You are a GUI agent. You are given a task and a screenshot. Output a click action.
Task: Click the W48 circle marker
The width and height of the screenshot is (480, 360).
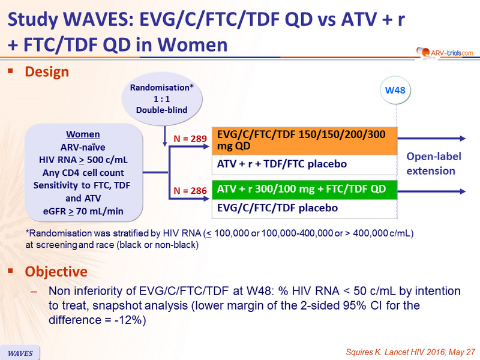pos(395,91)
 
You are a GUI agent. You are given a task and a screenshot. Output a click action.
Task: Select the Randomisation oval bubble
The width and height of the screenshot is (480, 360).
pos(161,99)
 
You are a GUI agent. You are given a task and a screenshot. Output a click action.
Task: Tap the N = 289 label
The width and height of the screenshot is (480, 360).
pos(190,139)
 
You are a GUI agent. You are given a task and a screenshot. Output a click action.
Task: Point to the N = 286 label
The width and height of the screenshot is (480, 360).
pos(190,191)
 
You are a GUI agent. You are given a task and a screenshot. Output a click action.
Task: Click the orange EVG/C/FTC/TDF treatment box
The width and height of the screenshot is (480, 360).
pos(305,140)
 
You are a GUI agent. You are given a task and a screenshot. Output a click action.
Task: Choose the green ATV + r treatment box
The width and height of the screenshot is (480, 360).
pos(305,190)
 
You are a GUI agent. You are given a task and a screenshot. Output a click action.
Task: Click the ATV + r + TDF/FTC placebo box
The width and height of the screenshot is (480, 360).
pos(305,164)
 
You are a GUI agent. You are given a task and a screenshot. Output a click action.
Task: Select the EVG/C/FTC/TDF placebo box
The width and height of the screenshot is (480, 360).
pos(305,208)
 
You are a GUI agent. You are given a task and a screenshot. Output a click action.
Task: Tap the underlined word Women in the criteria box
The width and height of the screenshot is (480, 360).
pos(83,134)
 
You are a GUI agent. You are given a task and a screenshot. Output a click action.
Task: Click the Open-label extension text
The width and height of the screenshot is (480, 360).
pos(433,163)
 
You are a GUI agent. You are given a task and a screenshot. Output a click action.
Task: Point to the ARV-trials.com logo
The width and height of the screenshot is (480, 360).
pos(445,52)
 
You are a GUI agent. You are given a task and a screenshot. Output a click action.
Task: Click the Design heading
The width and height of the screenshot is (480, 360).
pos(47,72)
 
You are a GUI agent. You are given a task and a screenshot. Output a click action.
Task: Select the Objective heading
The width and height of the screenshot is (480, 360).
pos(56,272)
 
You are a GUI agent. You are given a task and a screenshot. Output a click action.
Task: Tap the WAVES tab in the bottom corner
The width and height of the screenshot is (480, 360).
pos(20,353)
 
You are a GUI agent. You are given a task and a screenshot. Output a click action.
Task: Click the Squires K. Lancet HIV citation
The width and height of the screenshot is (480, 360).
pos(410,352)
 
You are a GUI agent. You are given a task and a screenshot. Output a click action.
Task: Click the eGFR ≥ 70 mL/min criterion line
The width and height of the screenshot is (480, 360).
pos(83,211)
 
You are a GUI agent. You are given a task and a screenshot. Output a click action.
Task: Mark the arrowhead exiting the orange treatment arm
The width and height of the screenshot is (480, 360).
pos(462,139)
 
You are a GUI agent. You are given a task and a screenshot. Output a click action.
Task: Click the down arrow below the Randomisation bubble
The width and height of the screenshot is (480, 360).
pos(165,136)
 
